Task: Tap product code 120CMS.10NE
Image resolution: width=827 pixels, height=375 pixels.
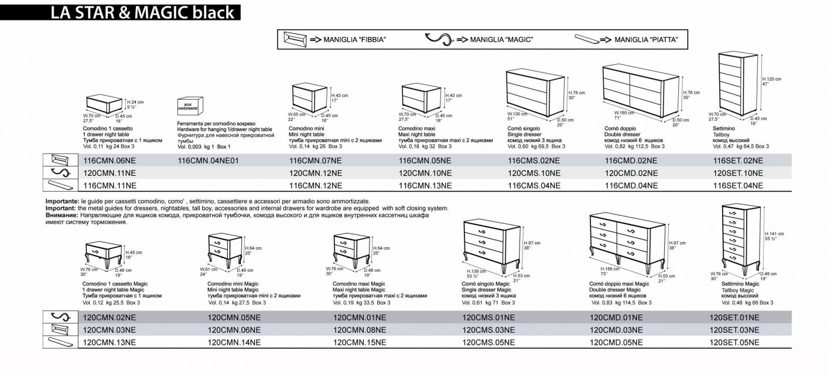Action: point(534,173)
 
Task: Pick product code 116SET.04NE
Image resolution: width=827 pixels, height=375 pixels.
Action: point(738,185)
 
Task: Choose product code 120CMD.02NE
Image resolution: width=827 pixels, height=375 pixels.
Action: point(631,173)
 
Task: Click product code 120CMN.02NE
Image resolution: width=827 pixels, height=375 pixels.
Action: point(110,318)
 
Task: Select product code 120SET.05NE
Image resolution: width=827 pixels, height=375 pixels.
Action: point(734,342)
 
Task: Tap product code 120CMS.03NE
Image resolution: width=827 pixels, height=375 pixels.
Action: point(488,330)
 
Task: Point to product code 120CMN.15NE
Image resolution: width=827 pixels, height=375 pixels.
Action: point(360,342)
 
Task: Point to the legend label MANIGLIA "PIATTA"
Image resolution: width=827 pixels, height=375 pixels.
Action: point(646,40)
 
